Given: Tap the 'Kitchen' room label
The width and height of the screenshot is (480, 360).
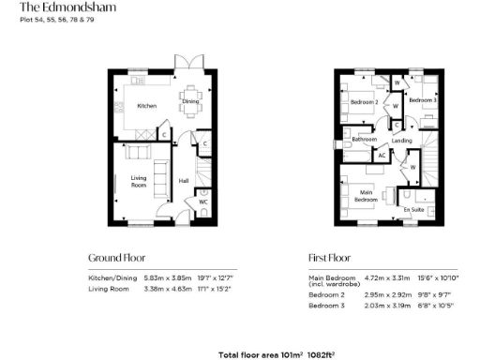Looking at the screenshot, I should pyautogui.click(x=146, y=106).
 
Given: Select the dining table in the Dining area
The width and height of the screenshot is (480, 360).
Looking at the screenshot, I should pyautogui.click(x=189, y=112).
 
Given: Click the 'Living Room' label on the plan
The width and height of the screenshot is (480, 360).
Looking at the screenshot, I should pyautogui.click(x=140, y=181).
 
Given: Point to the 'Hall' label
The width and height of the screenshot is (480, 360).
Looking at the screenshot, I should pyautogui.click(x=184, y=180).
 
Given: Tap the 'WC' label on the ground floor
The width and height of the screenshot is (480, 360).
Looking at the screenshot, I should pyautogui.click(x=202, y=202).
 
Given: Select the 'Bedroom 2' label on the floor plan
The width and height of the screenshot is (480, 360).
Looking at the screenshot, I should pyautogui.click(x=364, y=101).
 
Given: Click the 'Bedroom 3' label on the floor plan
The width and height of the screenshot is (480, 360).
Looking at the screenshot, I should pyautogui.click(x=422, y=99).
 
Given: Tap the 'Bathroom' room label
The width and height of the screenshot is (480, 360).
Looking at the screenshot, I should pyautogui.click(x=364, y=140).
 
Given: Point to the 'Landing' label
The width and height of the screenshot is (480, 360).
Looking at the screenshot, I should pyautogui.click(x=401, y=141).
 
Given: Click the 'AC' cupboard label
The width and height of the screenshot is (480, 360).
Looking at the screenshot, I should pyautogui.click(x=382, y=155).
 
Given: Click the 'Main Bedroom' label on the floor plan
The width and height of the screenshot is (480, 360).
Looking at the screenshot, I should pyautogui.click(x=365, y=196).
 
